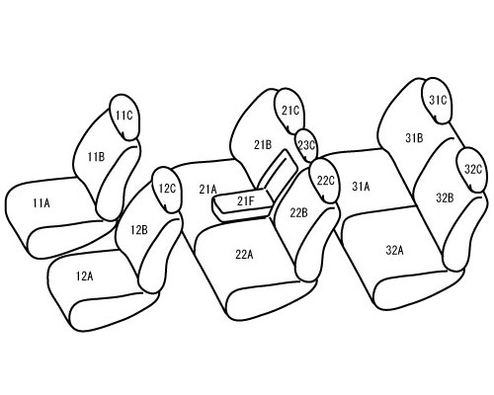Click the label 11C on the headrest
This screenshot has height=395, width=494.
123,116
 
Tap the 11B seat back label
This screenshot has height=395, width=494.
96,157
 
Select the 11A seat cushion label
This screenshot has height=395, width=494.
41,203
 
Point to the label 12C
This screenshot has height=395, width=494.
167,189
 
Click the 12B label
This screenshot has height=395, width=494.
139,230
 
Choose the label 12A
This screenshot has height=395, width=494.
84,276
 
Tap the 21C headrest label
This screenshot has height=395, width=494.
290,111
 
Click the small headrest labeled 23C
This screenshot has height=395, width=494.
306,145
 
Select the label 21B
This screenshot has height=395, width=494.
263,144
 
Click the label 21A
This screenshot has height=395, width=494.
207,189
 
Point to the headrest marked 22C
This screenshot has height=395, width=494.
324,181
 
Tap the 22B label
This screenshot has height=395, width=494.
298,212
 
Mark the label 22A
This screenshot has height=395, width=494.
244,255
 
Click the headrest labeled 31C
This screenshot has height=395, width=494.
437,101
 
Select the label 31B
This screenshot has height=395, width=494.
414,138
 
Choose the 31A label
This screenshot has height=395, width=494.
361,187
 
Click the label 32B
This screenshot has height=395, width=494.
445,197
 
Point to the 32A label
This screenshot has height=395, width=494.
394,250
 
